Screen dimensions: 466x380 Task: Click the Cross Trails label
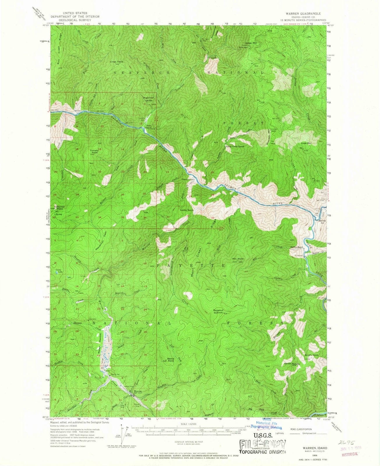[116, 61]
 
